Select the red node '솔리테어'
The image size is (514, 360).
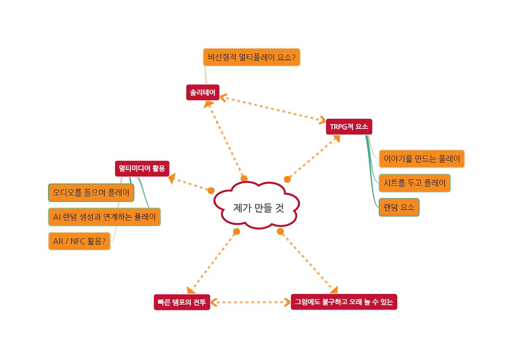click(x=203, y=93)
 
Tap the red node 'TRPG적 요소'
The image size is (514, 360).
click(x=349, y=127)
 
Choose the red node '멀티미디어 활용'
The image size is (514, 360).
click(x=142, y=168)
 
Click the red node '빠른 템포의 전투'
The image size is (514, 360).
click(x=182, y=302)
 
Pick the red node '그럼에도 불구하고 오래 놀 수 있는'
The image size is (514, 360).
click(x=344, y=302)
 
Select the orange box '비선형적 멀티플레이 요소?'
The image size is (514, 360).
click(x=251, y=57)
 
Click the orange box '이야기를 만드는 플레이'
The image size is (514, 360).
click(x=422, y=159)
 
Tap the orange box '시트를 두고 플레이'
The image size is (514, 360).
click(x=415, y=183)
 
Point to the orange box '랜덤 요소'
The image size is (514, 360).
click(x=399, y=207)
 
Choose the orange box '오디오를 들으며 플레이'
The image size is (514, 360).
click(x=91, y=193)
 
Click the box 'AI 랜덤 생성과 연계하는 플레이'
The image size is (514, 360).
click(x=104, y=217)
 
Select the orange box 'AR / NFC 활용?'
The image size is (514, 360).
click(x=79, y=241)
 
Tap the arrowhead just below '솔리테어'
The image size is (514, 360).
click(x=208, y=104)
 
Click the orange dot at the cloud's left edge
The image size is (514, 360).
click(x=211, y=190)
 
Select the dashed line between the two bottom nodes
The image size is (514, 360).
click(x=251, y=302)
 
